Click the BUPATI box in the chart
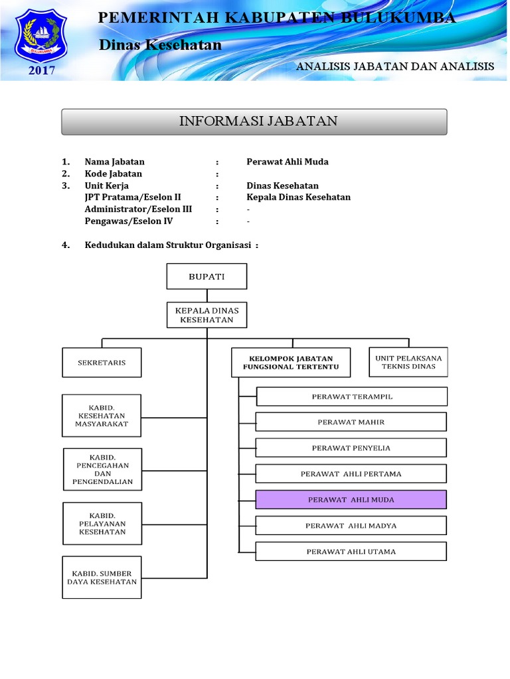tap(207, 277)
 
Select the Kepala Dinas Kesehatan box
tap(207, 315)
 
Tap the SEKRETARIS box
tap(102, 363)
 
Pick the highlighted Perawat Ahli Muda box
tap(351, 499)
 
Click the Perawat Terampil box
tap(352, 397)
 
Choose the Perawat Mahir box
tap(351, 422)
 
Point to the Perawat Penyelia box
tap(351, 448)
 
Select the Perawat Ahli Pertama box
tap(351, 473)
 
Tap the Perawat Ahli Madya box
tap(351, 525)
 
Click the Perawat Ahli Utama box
tap(351, 551)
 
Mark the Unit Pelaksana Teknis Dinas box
tap(408, 362)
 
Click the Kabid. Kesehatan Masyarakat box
tap(102, 416)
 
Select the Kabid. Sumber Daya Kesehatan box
tap(102, 577)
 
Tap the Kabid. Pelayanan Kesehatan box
tap(102, 523)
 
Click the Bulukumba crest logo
tap(41, 36)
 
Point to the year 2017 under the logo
tap(41, 70)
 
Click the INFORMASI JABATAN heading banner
tap(254, 121)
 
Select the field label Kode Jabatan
tap(114, 174)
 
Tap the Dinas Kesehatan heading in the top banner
tap(160, 45)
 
